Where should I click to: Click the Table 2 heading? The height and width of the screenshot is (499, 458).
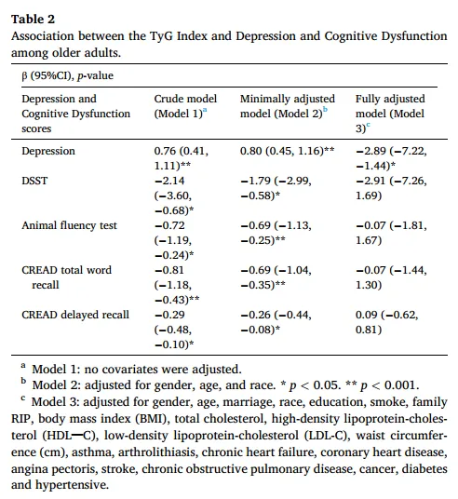coord(34,20)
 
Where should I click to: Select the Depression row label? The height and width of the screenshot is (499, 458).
coord(48,151)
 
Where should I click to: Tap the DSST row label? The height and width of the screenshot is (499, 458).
coord(34,181)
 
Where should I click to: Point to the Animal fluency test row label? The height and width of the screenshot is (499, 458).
coord(70,225)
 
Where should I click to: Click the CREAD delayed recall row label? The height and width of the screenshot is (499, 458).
coord(75,315)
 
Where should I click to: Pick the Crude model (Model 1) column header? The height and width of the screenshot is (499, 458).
coord(185,106)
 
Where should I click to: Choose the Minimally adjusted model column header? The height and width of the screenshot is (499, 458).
coord(288,106)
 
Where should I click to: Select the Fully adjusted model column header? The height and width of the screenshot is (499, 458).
coord(390,114)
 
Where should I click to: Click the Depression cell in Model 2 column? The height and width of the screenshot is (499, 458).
coord(287,151)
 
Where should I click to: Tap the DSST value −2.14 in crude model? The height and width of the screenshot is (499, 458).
coord(169,181)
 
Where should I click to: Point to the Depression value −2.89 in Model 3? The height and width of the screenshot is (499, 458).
coord(370,151)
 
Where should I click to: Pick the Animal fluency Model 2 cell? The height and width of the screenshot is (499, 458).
coord(276,233)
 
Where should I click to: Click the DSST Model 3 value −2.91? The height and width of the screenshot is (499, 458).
coord(370,181)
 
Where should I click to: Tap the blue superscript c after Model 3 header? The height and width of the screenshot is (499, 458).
coord(369,125)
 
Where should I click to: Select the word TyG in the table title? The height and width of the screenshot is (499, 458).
coord(161,36)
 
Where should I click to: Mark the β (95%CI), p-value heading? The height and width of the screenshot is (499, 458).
coord(67,75)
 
